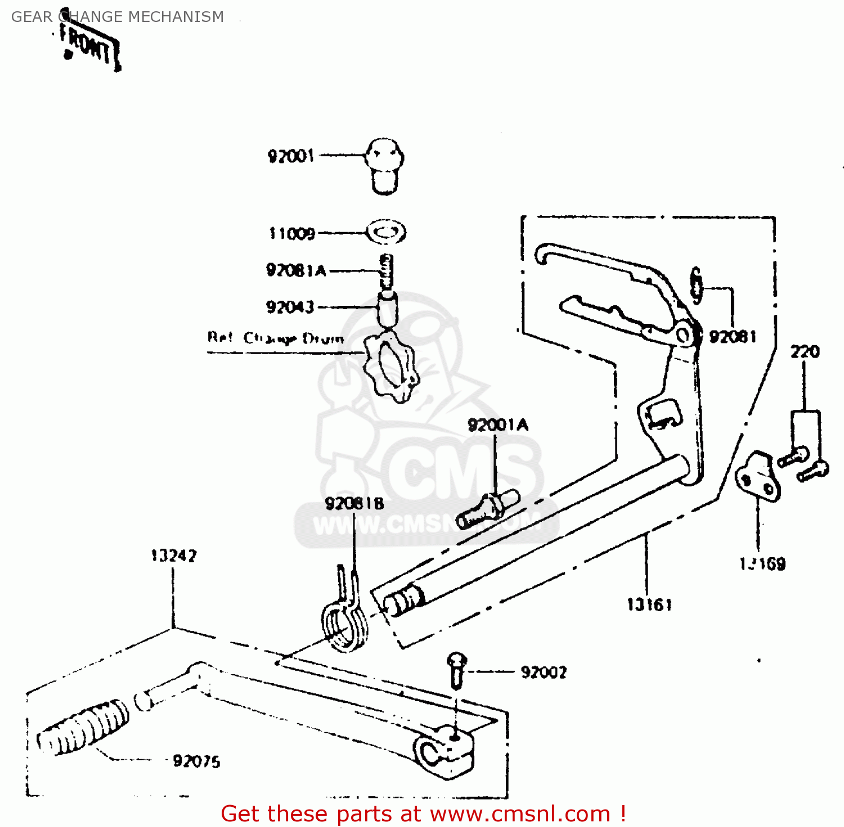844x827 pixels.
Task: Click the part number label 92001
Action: pyautogui.click(x=290, y=156)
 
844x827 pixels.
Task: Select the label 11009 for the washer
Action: pyautogui.click(x=292, y=233)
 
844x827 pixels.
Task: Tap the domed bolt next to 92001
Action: pyautogui.click(x=385, y=165)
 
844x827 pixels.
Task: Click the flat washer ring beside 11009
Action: pyautogui.click(x=386, y=232)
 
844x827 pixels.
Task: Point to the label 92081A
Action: pyautogui.click(x=296, y=270)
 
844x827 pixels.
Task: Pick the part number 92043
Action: pyautogui.click(x=290, y=307)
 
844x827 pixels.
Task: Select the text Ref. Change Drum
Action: pyautogui.click(x=275, y=338)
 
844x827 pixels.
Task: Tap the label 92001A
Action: pyautogui.click(x=498, y=425)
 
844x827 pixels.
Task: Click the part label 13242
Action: pyautogui.click(x=174, y=556)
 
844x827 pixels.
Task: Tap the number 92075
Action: pyautogui.click(x=196, y=761)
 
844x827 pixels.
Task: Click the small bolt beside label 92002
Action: pyautogui.click(x=457, y=669)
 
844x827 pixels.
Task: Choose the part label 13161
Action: pyautogui.click(x=649, y=605)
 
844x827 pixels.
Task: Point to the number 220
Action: pyautogui.click(x=805, y=352)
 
